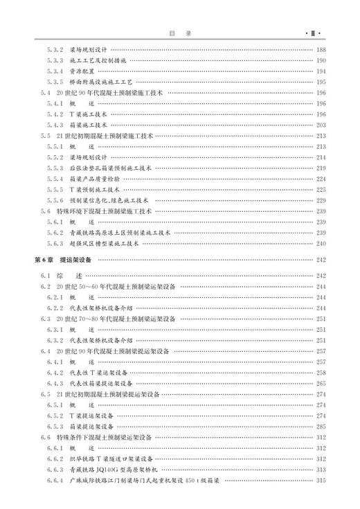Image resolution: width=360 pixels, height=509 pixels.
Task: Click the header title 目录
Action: point(179,33)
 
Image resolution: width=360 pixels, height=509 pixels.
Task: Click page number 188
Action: point(321,50)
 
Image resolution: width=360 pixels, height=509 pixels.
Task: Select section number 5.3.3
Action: point(55,60)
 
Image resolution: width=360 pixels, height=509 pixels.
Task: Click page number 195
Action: point(321,82)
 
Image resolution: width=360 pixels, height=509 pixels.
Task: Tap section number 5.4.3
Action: point(55,125)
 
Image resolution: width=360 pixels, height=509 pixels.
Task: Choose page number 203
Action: point(321,125)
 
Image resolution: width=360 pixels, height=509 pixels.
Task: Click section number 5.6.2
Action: point(55,233)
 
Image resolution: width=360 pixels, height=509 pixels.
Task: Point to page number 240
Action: point(321,244)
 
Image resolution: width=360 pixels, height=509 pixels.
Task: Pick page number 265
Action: point(321,383)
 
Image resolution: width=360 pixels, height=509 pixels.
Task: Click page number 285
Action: point(321,426)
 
